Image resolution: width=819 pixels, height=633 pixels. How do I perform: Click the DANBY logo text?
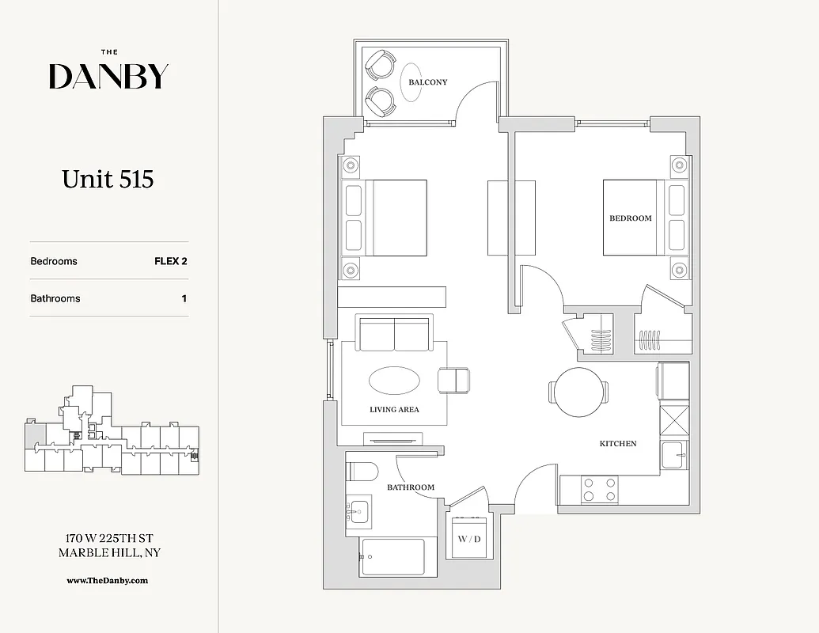[x=108, y=76]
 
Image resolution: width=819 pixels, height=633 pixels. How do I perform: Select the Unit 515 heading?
[x=108, y=180]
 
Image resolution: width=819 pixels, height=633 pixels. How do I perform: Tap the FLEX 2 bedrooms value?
[x=170, y=261]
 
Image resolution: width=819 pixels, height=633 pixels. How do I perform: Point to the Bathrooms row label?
[x=55, y=299]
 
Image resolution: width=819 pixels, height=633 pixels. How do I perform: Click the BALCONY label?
[x=427, y=82]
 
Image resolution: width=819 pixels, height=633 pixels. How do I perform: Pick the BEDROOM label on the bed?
[x=631, y=218]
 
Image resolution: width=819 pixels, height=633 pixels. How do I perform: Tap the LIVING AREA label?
[x=394, y=410]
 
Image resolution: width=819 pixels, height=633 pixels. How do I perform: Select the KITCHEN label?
[x=617, y=444]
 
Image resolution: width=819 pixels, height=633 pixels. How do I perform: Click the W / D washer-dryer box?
[x=469, y=538]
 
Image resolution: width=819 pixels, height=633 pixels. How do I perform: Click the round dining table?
[x=578, y=392]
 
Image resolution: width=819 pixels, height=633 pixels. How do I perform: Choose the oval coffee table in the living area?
[x=394, y=381]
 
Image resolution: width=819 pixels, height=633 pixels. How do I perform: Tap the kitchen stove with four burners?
[x=600, y=490]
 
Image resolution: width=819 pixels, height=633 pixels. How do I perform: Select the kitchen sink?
[x=674, y=457]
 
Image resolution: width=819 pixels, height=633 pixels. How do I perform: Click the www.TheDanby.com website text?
[x=108, y=581]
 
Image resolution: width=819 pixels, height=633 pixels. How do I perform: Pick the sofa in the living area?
[x=395, y=333]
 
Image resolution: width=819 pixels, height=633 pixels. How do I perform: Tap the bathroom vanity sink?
[x=359, y=512]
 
